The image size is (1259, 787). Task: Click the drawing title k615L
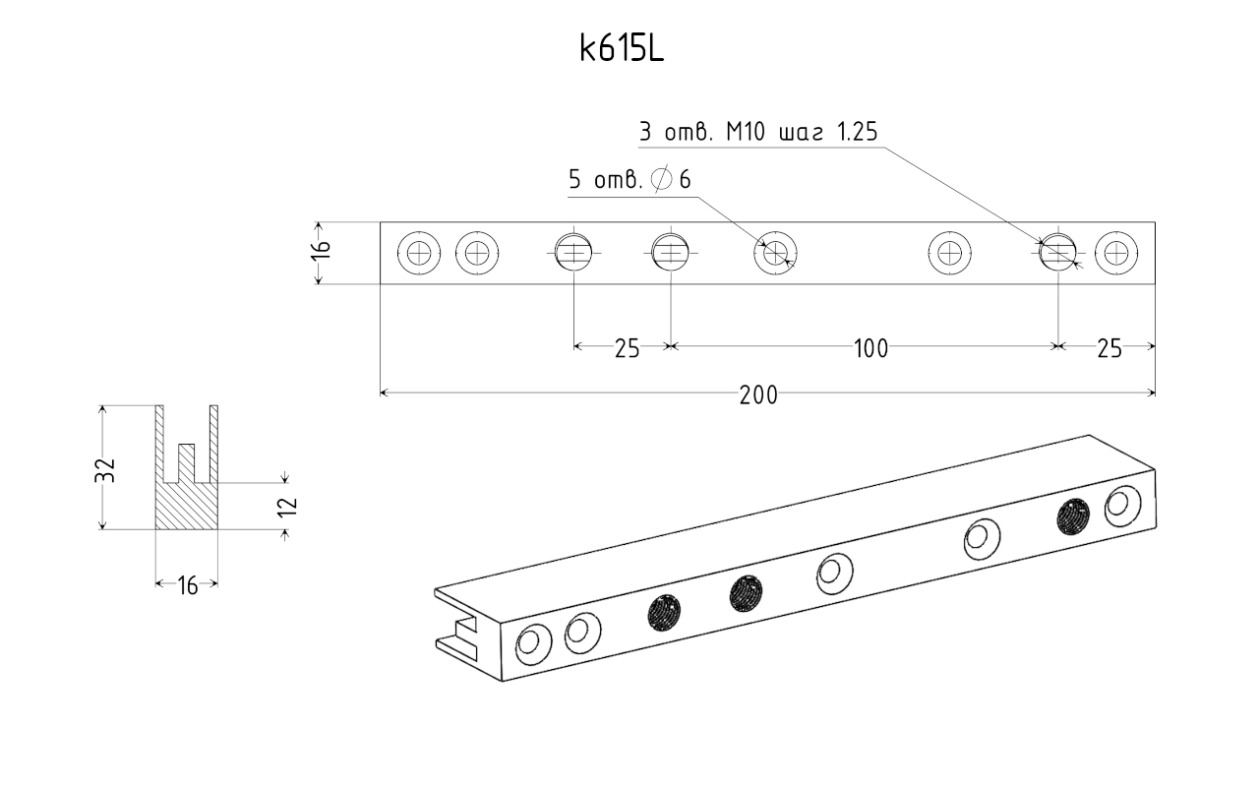622,49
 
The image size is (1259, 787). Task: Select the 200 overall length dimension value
758,395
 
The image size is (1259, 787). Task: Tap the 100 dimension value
871,348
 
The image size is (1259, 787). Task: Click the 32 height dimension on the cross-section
105,470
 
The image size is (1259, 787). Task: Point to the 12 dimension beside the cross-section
288,507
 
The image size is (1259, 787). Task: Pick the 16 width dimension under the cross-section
188,586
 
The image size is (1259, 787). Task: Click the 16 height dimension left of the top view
321,249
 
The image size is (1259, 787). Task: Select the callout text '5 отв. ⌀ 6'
629,179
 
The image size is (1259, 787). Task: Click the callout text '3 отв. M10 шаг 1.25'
758,132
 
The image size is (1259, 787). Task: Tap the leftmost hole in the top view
419,253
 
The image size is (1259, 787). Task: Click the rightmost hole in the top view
1116,253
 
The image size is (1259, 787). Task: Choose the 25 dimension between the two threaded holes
627,348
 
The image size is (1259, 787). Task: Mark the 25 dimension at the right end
1109,348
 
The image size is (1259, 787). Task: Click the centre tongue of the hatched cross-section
187,463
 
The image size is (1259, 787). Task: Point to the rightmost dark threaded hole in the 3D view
1073,516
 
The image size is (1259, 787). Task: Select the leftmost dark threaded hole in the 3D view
664,613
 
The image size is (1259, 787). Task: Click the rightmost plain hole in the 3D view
1123,506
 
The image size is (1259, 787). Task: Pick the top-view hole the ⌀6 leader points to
775,253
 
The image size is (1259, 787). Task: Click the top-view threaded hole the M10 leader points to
1057,253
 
